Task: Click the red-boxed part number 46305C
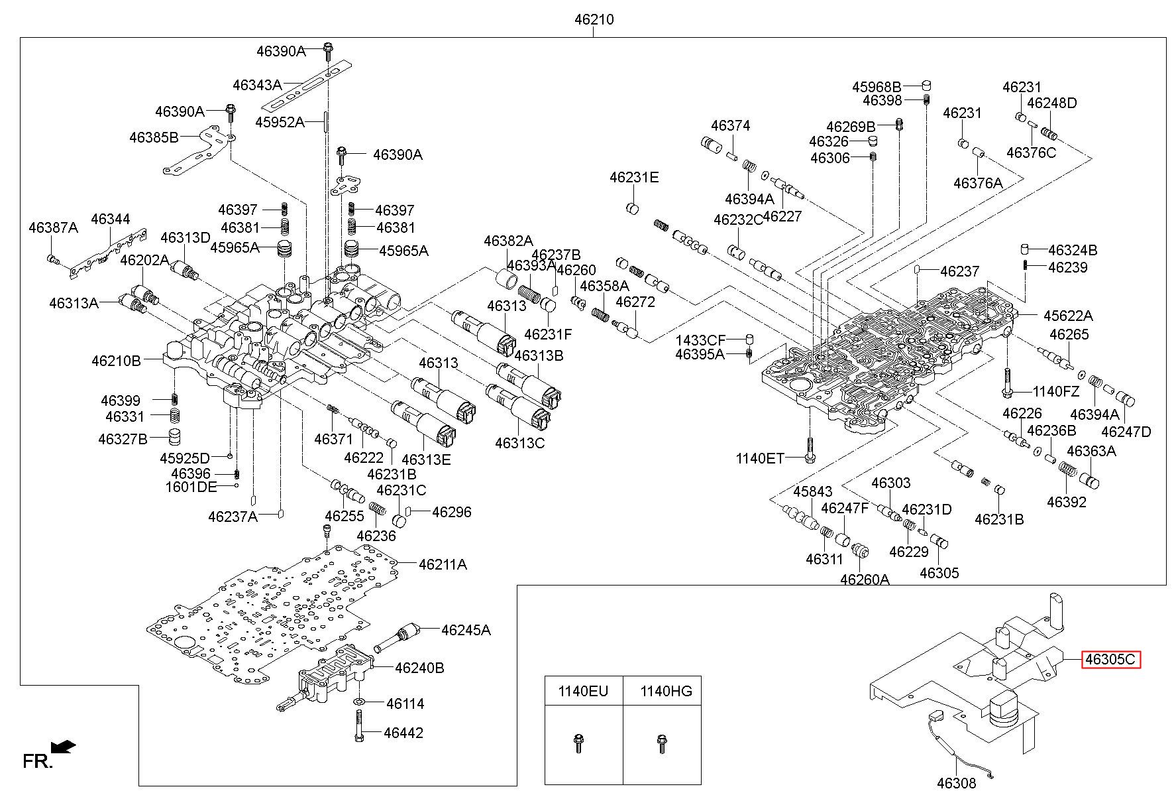pos(1111,660)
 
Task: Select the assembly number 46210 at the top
pos(594,20)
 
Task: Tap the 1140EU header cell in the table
pos(583,691)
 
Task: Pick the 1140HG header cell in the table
pos(663,691)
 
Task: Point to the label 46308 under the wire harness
pos(956,783)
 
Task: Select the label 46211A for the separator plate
pos(443,564)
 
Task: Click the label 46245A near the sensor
pos(466,630)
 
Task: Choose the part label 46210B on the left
pos(116,361)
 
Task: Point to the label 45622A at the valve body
pos(1068,316)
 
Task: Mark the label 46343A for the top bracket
pos(257,85)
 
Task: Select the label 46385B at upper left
pos(154,137)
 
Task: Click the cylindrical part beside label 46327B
pos(174,438)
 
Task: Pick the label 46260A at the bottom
pos(865,579)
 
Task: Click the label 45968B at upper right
pos(877,87)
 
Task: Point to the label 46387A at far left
pos(53,228)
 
